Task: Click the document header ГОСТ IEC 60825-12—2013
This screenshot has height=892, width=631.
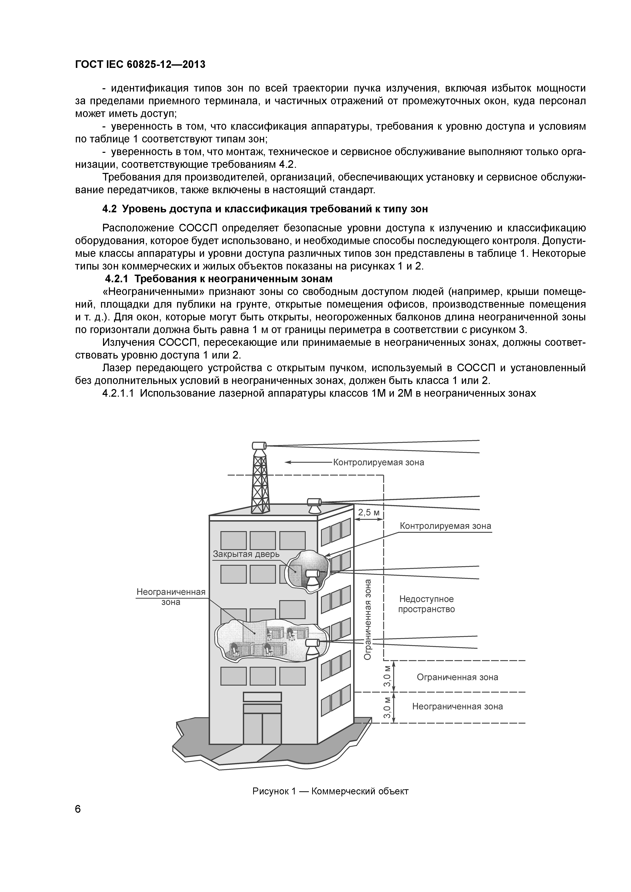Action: click(x=140, y=65)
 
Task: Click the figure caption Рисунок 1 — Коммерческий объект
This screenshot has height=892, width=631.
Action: click(x=331, y=791)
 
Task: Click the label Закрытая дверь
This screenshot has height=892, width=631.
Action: click(x=246, y=554)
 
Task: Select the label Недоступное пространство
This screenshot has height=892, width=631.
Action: click(x=426, y=604)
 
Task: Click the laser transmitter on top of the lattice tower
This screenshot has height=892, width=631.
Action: click(x=259, y=445)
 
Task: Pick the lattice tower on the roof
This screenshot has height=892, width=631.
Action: click(x=259, y=482)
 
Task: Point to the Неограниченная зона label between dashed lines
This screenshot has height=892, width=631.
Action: click(x=457, y=706)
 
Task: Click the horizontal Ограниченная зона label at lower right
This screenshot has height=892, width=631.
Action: click(x=457, y=677)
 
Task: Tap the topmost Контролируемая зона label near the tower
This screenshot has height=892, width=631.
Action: click(x=378, y=462)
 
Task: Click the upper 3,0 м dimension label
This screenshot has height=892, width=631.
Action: click(x=387, y=676)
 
